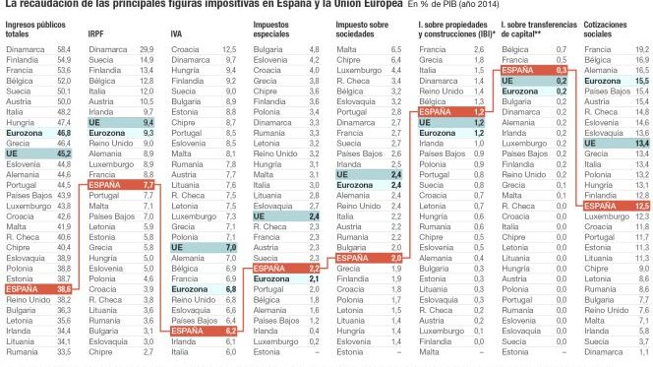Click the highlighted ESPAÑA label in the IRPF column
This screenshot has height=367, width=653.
[x=107, y=184]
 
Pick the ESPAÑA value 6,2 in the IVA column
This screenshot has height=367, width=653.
[x=230, y=331]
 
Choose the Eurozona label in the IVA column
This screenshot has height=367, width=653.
[x=191, y=289]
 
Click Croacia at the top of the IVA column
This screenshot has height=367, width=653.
[x=187, y=47]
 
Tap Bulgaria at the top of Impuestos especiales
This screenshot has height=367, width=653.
[x=269, y=47]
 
